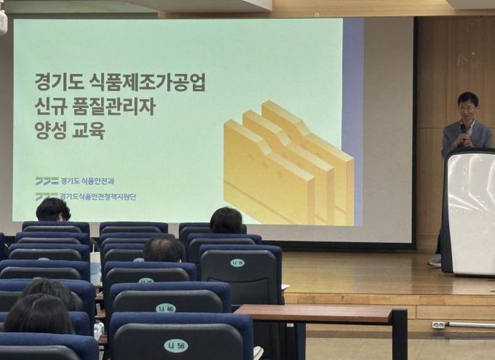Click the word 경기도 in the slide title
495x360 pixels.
point(55,81)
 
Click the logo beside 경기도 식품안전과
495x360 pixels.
point(46,180)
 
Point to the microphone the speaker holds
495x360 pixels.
point(463,129)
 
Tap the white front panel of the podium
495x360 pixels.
point(472,212)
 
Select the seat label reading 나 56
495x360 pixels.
point(175,345)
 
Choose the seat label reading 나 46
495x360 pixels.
point(165,308)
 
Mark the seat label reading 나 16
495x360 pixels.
point(237,263)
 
